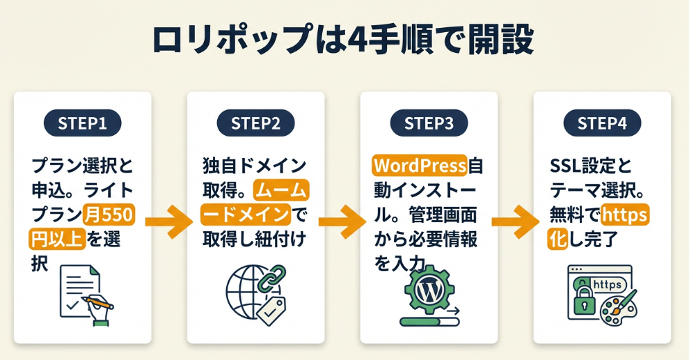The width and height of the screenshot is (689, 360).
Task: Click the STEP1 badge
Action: (x=82, y=123)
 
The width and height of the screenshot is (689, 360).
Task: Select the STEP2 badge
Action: (x=255, y=123)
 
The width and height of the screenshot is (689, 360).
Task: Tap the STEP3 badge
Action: (x=429, y=123)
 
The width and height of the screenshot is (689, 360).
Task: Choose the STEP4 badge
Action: (x=602, y=123)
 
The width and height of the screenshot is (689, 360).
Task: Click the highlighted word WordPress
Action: (x=419, y=166)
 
